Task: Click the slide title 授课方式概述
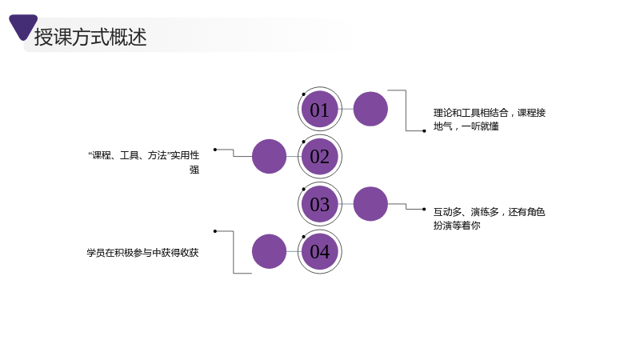(90, 37)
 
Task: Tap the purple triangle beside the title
(23, 26)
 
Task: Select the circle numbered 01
(319, 109)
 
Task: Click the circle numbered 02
(319, 156)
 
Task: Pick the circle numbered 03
(319, 204)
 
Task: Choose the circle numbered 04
(319, 251)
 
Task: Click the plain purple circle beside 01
(370, 109)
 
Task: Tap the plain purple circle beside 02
(269, 156)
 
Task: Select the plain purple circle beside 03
(370, 204)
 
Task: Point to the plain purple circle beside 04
(269, 251)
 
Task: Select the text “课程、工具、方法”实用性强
(144, 162)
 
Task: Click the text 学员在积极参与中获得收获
(142, 253)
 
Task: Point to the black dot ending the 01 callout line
(424, 131)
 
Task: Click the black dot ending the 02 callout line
(215, 150)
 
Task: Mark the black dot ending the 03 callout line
(424, 210)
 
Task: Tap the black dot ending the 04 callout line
(215, 231)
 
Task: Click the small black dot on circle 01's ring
(304, 94)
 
